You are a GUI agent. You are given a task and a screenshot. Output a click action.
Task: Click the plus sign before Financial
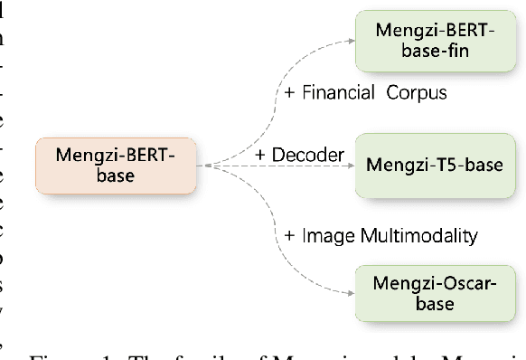click(x=290, y=93)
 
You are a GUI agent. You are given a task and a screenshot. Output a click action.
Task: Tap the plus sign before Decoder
click(x=261, y=155)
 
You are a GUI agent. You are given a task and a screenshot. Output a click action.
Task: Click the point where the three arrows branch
click(x=208, y=166)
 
